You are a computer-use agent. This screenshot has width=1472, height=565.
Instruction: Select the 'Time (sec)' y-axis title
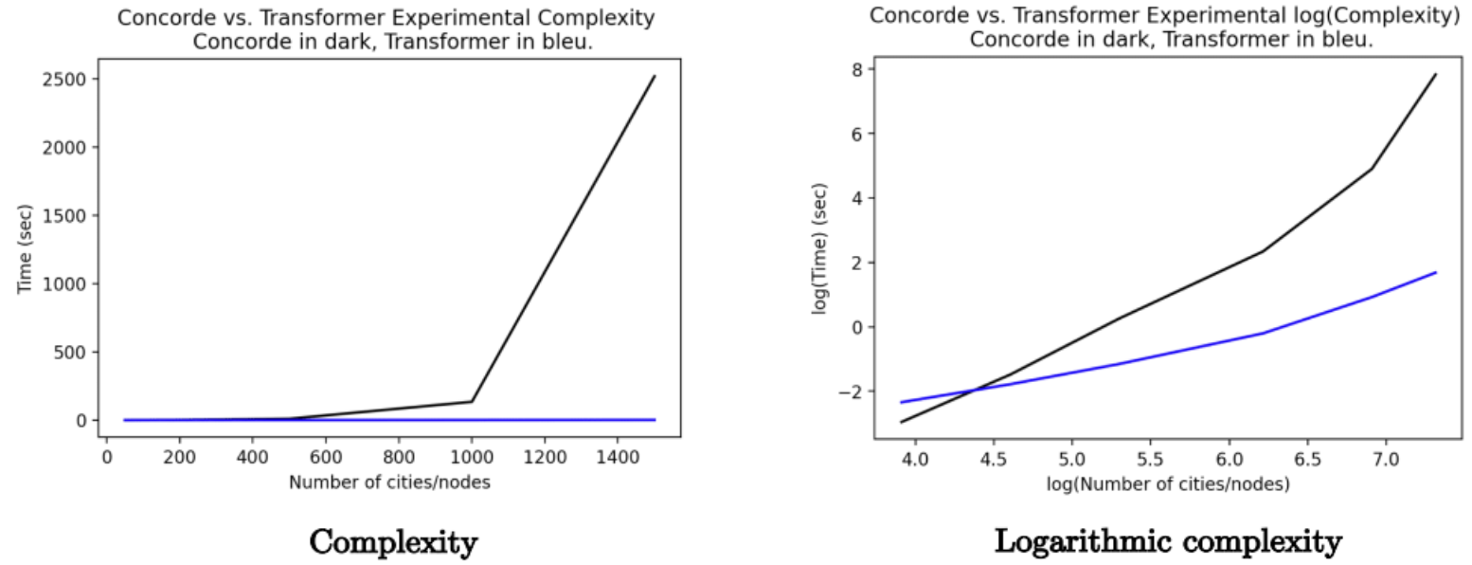[x=26, y=249]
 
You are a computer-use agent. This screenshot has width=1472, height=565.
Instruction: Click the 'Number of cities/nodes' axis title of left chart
[x=389, y=482]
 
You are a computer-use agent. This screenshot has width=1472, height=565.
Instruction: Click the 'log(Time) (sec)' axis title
[x=821, y=247]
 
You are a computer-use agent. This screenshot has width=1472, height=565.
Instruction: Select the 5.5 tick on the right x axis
[x=1150, y=460]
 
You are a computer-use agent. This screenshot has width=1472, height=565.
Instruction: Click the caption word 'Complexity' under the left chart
[x=393, y=542]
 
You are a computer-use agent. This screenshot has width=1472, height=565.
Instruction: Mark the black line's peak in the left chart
[x=654, y=77]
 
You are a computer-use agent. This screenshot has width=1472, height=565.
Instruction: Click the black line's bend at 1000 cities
[x=472, y=401]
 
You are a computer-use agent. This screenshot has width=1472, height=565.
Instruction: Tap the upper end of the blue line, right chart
[x=1436, y=272]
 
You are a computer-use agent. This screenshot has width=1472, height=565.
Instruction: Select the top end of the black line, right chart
[x=1436, y=74]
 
